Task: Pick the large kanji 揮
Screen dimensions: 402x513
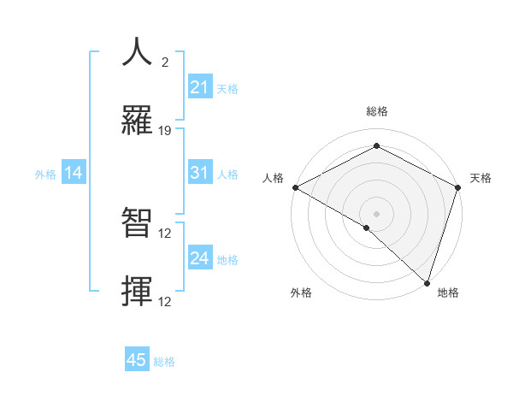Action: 138,291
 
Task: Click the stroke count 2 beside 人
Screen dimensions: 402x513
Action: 165,62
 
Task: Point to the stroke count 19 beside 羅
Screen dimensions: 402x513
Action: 166,131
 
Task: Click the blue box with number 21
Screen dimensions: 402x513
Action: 200,87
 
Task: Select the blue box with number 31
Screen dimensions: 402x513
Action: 200,173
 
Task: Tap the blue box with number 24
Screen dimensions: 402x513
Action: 200,258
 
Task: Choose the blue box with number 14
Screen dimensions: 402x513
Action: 74,173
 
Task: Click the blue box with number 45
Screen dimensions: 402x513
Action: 137,360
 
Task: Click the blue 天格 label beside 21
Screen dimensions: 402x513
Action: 227,88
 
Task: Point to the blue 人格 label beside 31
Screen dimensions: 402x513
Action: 227,174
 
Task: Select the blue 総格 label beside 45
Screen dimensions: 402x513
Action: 164,361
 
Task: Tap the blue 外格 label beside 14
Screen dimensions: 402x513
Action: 45,174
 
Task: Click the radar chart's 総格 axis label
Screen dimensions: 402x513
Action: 376,112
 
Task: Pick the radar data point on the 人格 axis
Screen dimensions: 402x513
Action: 295,187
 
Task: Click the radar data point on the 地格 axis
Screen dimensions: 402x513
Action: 427,282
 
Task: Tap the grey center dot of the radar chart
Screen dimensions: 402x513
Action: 376,213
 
